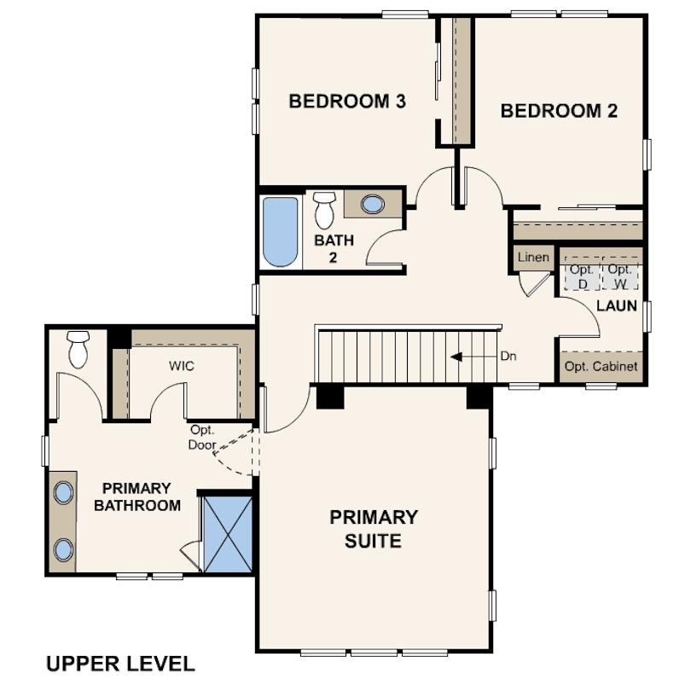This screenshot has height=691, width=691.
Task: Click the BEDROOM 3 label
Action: click(347, 102)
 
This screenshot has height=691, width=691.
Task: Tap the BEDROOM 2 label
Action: click(559, 111)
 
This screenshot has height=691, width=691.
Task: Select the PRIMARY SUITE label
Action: click(374, 529)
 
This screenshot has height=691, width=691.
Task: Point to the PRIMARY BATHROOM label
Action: click(137, 496)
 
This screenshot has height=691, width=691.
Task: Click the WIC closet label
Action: click(181, 366)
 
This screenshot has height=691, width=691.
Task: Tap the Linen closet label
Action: click(533, 257)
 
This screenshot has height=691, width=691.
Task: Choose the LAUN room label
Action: click(617, 305)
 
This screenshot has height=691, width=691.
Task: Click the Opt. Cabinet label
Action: click(601, 366)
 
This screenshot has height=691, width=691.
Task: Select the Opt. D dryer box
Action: click(582, 276)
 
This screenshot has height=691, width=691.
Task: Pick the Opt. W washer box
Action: click(620, 276)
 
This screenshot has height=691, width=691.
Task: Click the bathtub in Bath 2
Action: click(281, 232)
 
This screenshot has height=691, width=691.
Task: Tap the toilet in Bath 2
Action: click(325, 210)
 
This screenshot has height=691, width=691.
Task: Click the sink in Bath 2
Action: click(373, 205)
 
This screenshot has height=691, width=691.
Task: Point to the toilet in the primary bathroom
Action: click(78, 350)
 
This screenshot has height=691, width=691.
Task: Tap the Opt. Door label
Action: click(202, 437)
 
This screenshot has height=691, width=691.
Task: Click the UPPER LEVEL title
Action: click(120, 664)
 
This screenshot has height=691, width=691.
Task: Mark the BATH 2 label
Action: click(334, 248)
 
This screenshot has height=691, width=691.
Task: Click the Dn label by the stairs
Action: click(508, 356)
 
